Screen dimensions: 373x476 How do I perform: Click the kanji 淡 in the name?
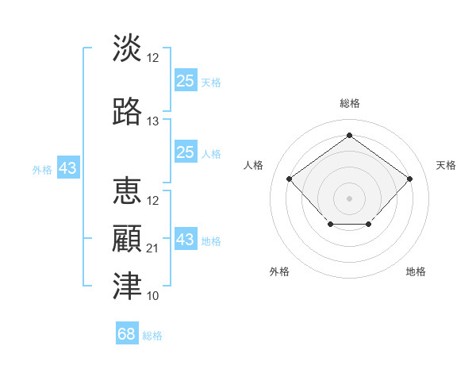127,48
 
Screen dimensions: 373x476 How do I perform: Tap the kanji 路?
127,112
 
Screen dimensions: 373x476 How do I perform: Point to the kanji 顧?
127,240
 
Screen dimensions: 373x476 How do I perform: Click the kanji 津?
127,286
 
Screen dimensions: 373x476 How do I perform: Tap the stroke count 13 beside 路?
153,121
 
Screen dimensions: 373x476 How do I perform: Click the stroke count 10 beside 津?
153,296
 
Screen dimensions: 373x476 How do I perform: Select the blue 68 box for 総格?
127,334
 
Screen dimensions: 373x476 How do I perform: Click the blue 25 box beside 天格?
186,81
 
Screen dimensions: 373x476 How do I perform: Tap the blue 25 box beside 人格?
186,152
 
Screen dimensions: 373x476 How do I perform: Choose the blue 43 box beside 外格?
67,168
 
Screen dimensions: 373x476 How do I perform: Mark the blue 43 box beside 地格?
186,240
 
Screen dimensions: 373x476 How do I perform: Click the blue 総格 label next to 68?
152,336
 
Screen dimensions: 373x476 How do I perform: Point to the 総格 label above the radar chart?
349,103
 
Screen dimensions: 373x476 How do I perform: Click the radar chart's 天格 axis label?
446,165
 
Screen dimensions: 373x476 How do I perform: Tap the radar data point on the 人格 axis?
290,179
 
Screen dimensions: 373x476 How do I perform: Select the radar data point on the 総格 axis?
349,136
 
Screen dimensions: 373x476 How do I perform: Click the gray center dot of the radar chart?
349,198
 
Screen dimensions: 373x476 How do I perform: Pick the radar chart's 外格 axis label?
279,271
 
